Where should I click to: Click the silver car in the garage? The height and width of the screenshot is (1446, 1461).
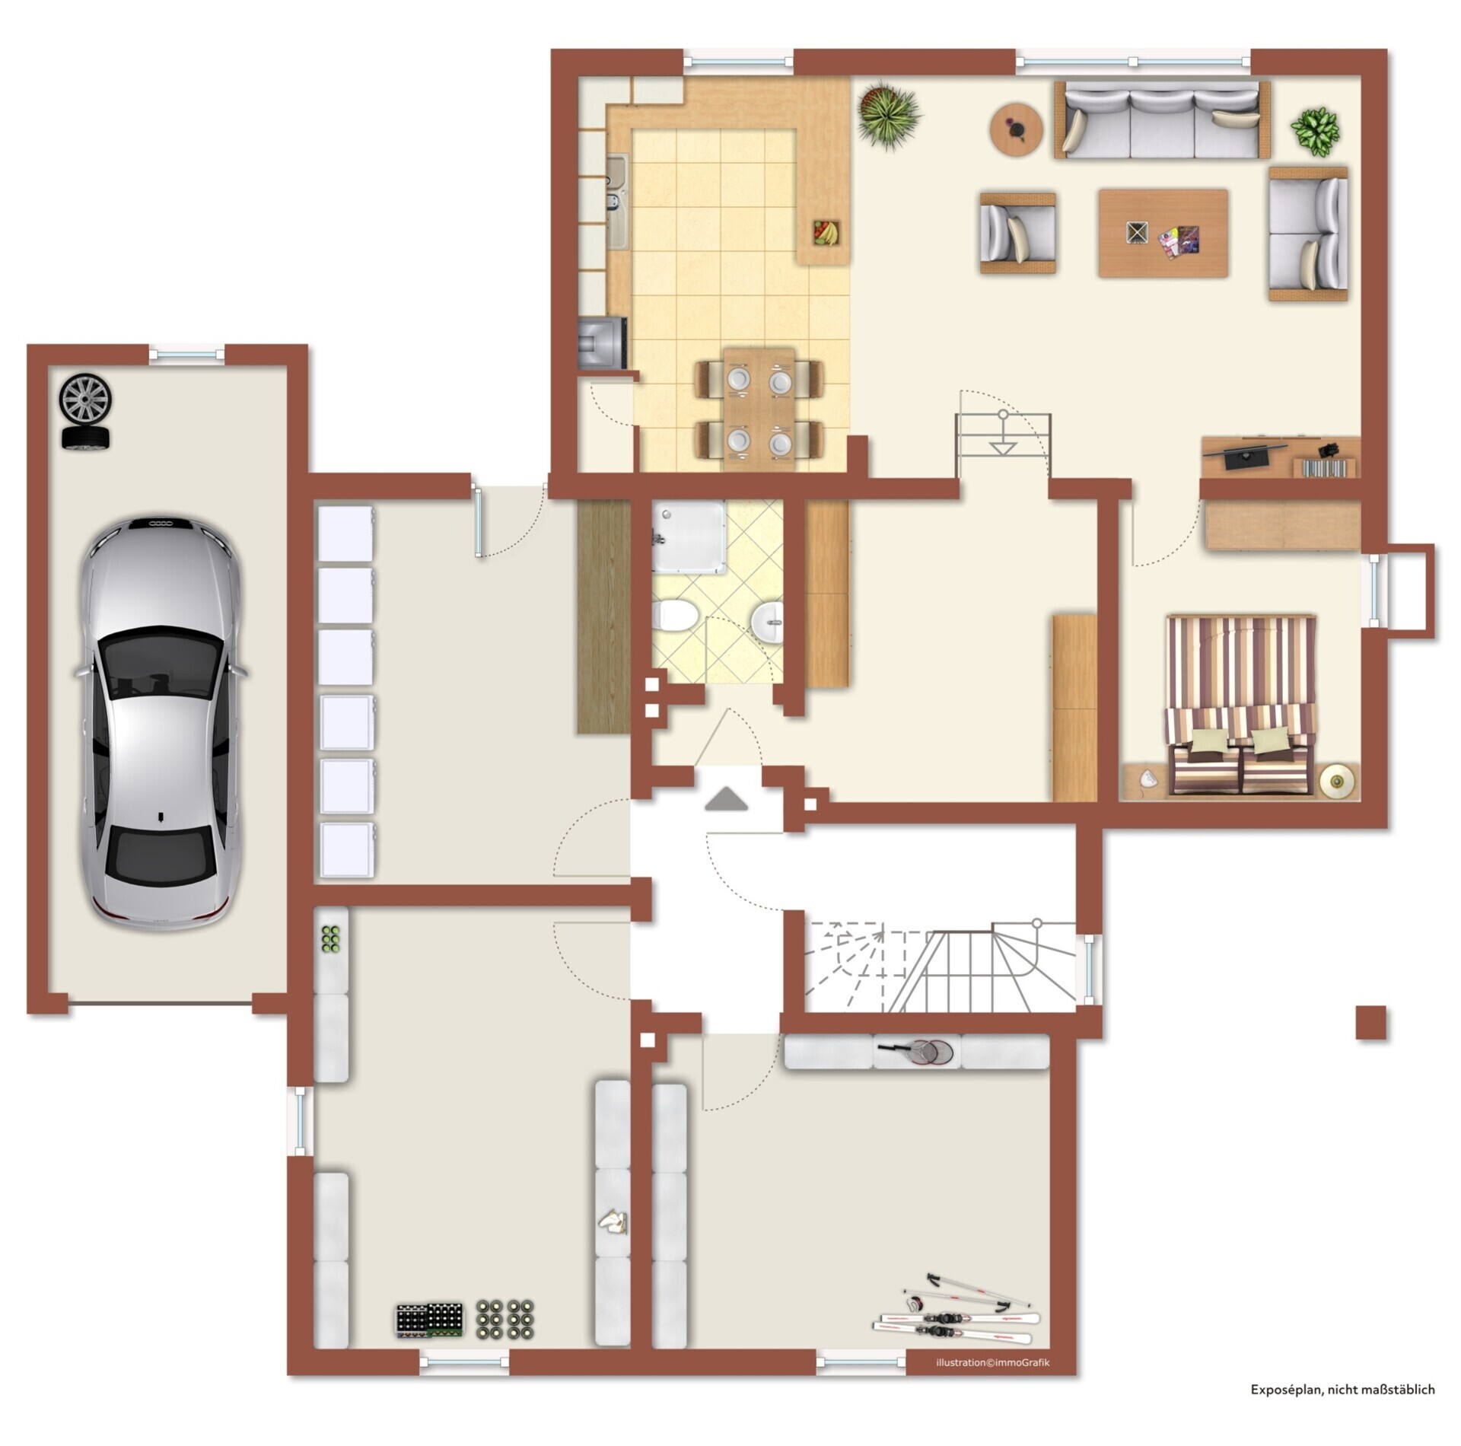(161, 722)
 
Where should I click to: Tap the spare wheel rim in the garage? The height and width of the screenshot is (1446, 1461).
(86, 399)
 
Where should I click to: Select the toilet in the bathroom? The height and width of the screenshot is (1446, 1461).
(673, 614)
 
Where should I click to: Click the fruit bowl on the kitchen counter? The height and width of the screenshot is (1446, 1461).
(826, 232)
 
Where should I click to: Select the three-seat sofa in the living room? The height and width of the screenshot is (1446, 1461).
(1162, 120)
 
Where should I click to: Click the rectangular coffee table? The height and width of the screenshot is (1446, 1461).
(1163, 233)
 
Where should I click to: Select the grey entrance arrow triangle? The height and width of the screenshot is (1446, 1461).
(726, 799)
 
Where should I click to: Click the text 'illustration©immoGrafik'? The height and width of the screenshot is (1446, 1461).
(992, 1363)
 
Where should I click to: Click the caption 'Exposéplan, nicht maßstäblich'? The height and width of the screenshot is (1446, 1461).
(1343, 1390)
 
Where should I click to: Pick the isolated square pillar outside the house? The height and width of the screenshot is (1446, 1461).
(1370, 1023)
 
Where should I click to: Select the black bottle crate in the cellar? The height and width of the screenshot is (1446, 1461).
(429, 1320)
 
